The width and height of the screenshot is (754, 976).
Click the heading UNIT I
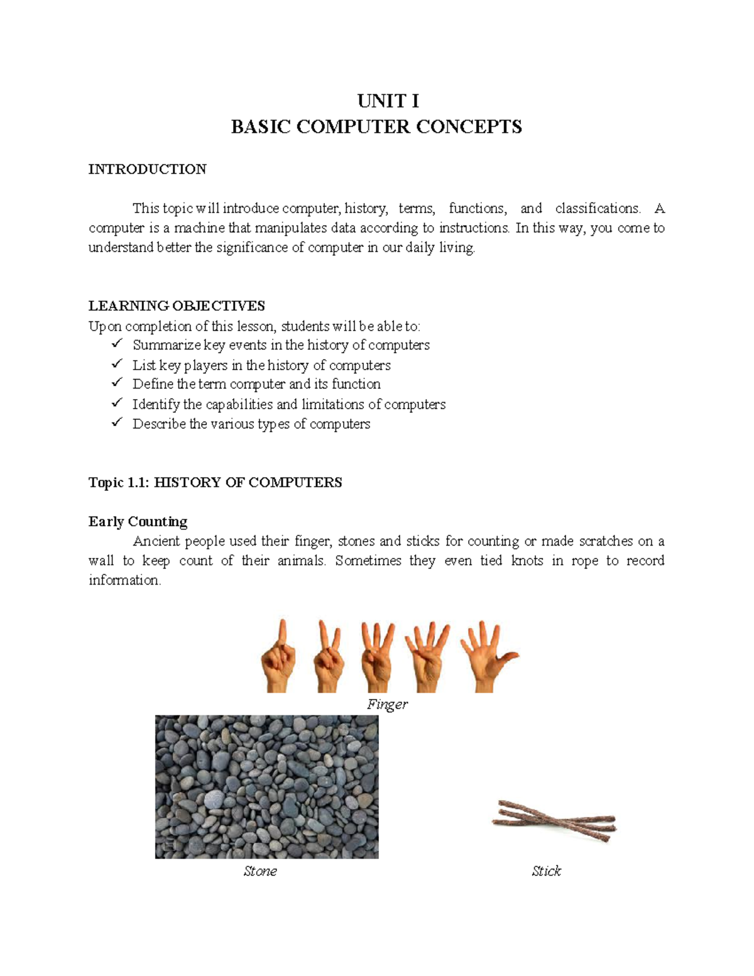pos(388,101)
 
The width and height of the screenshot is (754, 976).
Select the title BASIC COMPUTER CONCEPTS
pos(376,127)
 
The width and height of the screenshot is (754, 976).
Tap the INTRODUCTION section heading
pos(147,169)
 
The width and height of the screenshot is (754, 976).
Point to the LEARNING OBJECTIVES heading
pos(177,306)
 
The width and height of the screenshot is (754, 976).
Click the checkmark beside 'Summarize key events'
pos(117,344)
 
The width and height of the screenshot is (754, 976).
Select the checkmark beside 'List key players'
pos(117,365)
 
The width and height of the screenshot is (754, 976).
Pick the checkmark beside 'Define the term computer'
pos(117,383)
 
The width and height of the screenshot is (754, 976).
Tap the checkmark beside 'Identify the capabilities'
pos(117,403)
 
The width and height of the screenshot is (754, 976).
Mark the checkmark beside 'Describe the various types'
pos(117,423)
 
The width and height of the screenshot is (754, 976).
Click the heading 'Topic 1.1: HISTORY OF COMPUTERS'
pos(215,483)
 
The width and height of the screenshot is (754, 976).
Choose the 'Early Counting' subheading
pos(138,522)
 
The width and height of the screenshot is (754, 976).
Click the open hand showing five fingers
pos(486,657)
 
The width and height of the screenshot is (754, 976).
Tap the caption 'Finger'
pos(387,705)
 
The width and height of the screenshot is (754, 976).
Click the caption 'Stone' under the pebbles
pos(260,871)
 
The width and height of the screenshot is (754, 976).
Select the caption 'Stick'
pos(546,871)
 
